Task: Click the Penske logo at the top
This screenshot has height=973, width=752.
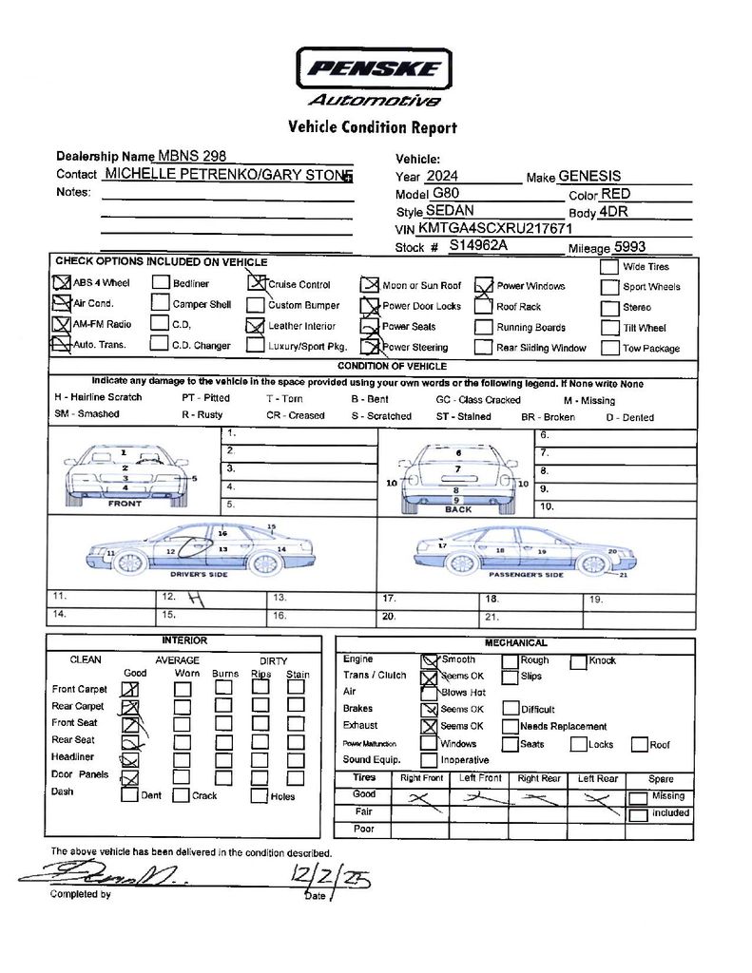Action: point(374,69)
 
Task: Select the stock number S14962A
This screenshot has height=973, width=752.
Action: point(479,245)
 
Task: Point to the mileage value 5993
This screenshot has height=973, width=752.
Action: point(629,246)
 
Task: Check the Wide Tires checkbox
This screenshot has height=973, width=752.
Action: point(609,267)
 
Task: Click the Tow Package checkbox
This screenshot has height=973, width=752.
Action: point(609,348)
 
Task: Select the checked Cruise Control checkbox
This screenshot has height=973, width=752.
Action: point(255,282)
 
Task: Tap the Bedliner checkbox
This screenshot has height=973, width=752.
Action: point(161,283)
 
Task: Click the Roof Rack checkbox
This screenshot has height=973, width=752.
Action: point(482,307)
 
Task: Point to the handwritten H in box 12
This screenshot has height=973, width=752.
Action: point(196,598)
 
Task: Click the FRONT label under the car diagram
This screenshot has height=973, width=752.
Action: point(125,504)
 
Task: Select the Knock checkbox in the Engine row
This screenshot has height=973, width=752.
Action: point(578,661)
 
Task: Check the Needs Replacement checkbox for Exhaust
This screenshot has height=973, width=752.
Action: point(510,726)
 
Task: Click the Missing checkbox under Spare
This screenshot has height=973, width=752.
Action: point(638,796)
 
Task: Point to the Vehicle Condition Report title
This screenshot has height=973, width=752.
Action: point(372,127)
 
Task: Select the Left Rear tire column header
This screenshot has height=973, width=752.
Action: point(599,778)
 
